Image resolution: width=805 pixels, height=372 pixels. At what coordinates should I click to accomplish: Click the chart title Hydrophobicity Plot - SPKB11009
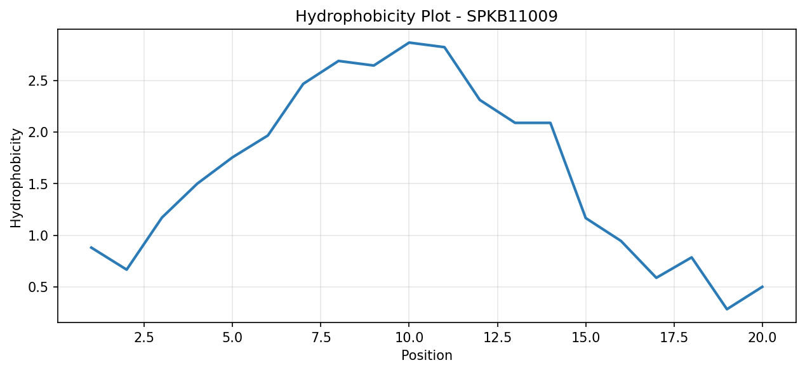click(x=426, y=17)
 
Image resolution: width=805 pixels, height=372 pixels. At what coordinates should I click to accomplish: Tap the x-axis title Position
click(x=427, y=355)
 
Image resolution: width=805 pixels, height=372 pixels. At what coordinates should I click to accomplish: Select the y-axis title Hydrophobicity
click(x=16, y=178)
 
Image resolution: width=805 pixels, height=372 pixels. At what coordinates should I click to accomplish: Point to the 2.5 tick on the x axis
click(x=143, y=338)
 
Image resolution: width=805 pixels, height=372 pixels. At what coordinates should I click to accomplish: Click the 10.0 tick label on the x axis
click(x=409, y=338)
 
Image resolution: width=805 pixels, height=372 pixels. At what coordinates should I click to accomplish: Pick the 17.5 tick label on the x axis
click(x=674, y=338)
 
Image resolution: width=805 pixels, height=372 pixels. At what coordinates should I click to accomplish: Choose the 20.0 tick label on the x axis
click(x=762, y=338)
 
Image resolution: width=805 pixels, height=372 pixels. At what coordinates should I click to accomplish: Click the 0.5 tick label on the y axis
click(x=38, y=287)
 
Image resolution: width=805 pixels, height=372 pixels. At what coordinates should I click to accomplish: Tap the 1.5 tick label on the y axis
click(x=38, y=183)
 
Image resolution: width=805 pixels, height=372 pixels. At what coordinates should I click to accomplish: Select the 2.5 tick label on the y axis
click(x=38, y=81)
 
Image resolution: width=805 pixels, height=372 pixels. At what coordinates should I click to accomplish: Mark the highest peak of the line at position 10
click(x=409, y=43)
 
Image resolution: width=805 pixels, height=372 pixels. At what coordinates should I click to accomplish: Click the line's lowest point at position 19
click(x=727, y=309)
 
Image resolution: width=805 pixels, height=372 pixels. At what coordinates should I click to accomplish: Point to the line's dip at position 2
click(x=126, y=270)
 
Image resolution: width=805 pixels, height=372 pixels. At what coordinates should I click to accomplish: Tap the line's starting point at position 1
click(x=91, y=248)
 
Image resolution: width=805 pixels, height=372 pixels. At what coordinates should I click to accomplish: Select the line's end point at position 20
click(x=762, y=286)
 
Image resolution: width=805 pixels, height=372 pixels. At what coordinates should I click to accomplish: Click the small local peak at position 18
click(x=691, y=257)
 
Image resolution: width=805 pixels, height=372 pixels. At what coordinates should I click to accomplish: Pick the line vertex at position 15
click(x=586, y=218)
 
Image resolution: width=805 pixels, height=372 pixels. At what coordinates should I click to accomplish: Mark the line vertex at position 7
click(x=303, y=84)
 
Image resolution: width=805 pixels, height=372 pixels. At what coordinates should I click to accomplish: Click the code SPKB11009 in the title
click(x=512, y=17)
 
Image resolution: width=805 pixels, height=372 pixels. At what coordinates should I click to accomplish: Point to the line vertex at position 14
click(x=550, y=123)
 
